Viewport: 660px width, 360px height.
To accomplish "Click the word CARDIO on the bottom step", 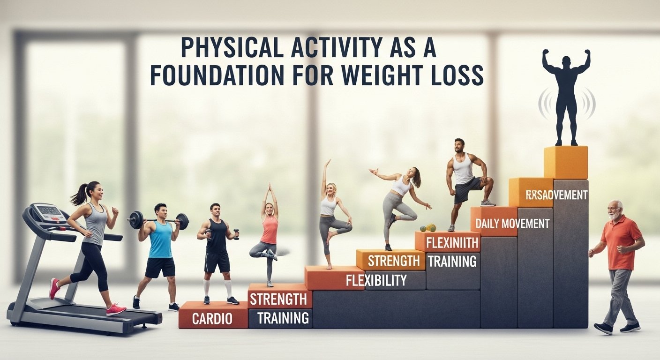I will (212, 319).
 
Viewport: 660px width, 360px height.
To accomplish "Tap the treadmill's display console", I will (48, 212).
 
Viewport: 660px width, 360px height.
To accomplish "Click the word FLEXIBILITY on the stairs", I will (376, 280).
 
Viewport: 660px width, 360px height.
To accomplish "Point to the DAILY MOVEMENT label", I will (512, 224).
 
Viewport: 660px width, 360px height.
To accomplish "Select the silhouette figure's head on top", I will (566, 61).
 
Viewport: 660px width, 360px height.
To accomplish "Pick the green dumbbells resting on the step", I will (427, 228).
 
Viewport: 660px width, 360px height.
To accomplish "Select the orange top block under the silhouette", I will (565, 162).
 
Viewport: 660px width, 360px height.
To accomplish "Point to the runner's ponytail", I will (79, 196).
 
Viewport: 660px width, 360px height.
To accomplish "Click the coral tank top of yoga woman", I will (269, 230).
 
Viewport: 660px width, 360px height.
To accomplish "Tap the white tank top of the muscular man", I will (464, 170).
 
